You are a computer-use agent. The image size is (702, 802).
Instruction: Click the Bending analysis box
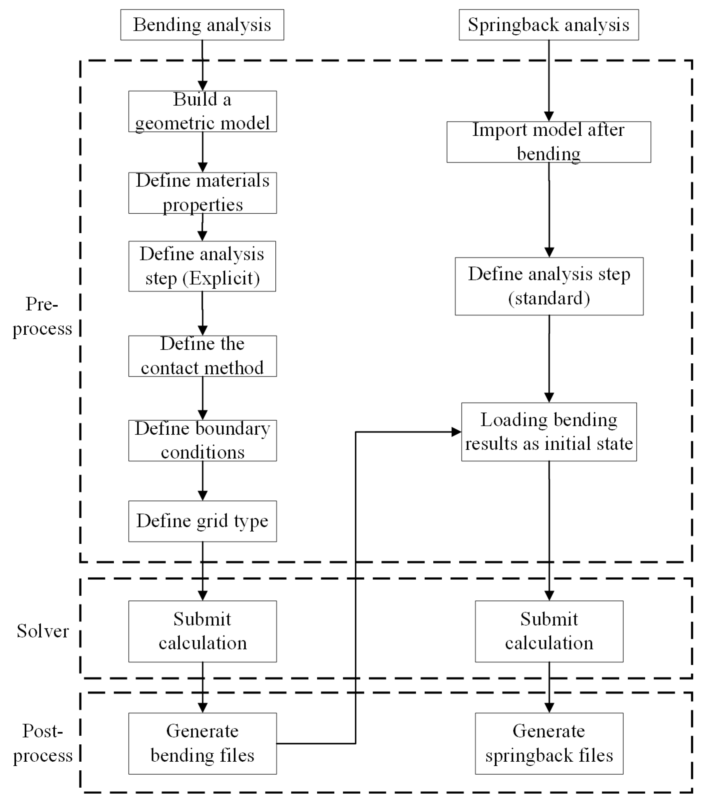[x=202, y=25]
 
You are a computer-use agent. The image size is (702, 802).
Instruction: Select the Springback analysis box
[x=548, y=25]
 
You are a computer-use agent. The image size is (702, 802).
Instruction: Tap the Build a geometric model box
[x=202, y=111]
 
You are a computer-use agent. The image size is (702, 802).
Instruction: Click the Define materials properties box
[x=202, y=193]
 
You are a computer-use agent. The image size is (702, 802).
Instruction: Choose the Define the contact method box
[x=202, y=356]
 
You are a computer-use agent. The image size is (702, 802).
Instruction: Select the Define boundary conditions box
[x=202, y=440]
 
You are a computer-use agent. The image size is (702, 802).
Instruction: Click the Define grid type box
[x=202, y=521]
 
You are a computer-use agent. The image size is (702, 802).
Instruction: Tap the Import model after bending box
[x=548, y=142]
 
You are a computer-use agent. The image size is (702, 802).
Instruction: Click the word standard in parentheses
[x=549, y=298]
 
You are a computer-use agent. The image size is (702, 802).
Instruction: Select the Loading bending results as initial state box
[x=549, y=431]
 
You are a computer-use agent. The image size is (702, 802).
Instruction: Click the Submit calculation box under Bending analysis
[x=202, y=631]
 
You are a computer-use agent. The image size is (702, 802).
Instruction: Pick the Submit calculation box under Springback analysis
[x=549, y=631]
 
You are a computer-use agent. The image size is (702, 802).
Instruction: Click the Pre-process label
[x=42, y=316]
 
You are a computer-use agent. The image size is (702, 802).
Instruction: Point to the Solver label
[x=42, y=631]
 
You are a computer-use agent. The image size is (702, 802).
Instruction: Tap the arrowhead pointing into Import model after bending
[x=549, y=116]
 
